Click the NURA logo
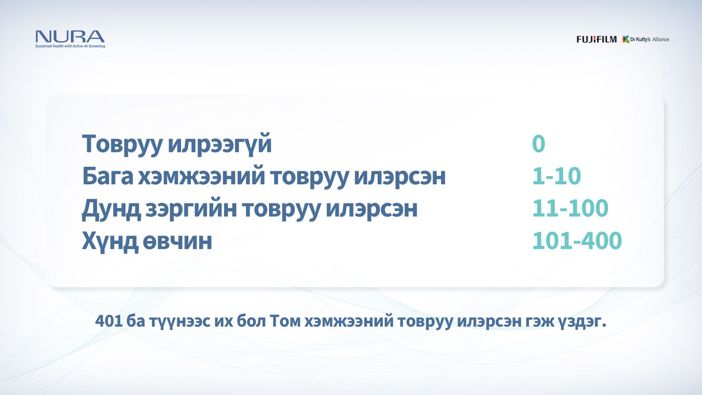[x=70, y=36]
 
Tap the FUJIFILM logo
[x=596, y=39]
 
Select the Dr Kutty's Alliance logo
[x=646, y=39]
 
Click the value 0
[x=538, y=144]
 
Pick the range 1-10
[x=556, y=176]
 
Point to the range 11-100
[x=570, y=208]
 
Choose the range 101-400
[x=577, y=241]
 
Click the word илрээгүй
[x=220, y=144]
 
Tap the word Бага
[x=107, y=176]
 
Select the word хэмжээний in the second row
[x=201, y=176]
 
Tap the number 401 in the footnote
[x=108, y=321]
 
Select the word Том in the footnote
[x=284, y=321]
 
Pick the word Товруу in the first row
[x=122, y=144]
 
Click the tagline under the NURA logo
[x=70, y=46]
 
